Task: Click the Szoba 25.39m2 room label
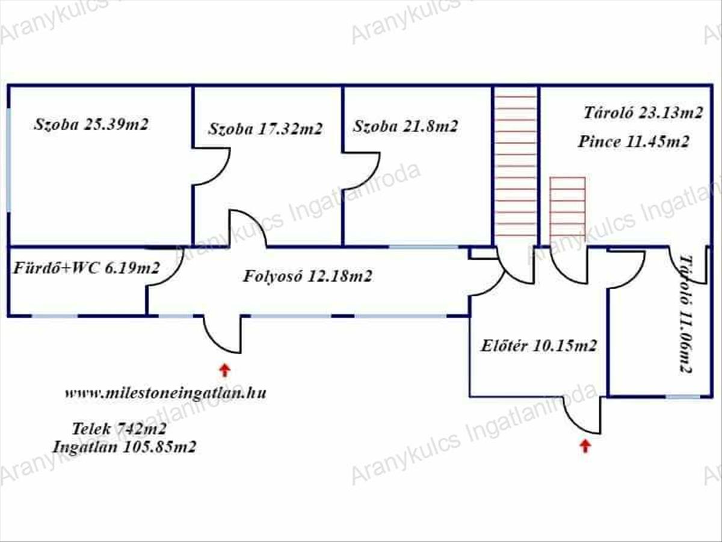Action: [x=91, y=125]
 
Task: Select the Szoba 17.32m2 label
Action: [x=265, y=129]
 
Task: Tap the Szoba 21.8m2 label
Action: [x=406, y=126]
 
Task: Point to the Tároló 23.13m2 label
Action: [x=643, y=113]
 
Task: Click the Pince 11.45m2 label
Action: [x=634, y=142]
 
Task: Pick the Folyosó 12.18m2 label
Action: [x=307, y=276]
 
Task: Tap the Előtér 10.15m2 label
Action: [x=538, y=346]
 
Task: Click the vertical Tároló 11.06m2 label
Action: [x=685, y=314]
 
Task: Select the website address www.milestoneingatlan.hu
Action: [x=165, y=393]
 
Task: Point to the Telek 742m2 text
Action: [x=119, y=429]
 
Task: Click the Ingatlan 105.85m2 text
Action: [x=125, y=447]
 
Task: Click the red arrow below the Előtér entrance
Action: [x=585, y=446]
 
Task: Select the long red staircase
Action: [x=516, y=166]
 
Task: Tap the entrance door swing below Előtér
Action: [x=582, y=416]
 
